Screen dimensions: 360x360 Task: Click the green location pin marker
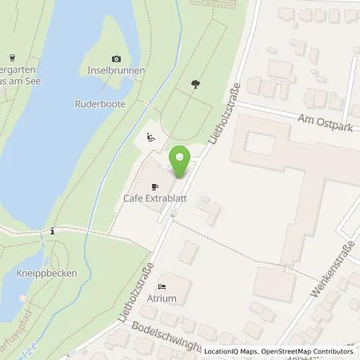pyautogui.click(x=179, y=162)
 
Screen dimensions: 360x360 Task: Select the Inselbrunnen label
pyautogui.click(x=118, y=70)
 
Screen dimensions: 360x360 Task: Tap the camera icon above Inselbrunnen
pyautogui.click(x=117, y=58)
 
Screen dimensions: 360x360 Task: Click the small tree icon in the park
pyautogui.click(x=194, y=82)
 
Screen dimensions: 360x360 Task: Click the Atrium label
pyautogui.click(x=174, y=299)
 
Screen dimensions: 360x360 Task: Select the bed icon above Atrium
pyautogui.click(x=163, y=286)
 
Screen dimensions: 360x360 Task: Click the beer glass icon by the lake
pyautogui.click(x=14, y=57)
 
